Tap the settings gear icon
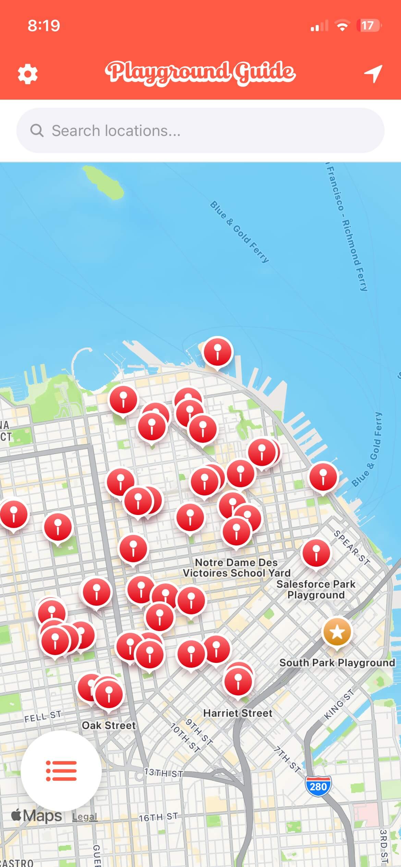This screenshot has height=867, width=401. click(27, 74)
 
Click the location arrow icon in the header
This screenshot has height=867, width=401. click(373, 73)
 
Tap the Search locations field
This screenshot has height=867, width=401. click(200, 130)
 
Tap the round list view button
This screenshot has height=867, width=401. click(61, 771)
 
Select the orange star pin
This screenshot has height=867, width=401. click(337, 632)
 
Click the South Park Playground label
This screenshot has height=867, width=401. click(337, 663)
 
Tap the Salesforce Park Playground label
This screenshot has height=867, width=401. click(316, 589)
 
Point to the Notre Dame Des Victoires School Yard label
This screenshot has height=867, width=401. click(236, 567)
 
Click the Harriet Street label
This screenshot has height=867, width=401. click(238, 713)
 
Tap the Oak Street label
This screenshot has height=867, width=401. click(109, 725)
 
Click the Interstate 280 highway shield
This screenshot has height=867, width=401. click(318, 786)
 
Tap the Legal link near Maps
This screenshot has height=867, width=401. click(85, 816)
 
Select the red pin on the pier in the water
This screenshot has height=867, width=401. click(217, 352)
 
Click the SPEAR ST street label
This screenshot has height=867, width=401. click(352, 547)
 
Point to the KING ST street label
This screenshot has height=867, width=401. click(339, 704)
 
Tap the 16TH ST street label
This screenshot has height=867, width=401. click(158, 817)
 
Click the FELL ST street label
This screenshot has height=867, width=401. click(42, 716)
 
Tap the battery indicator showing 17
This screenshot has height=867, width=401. click(369, 26)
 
